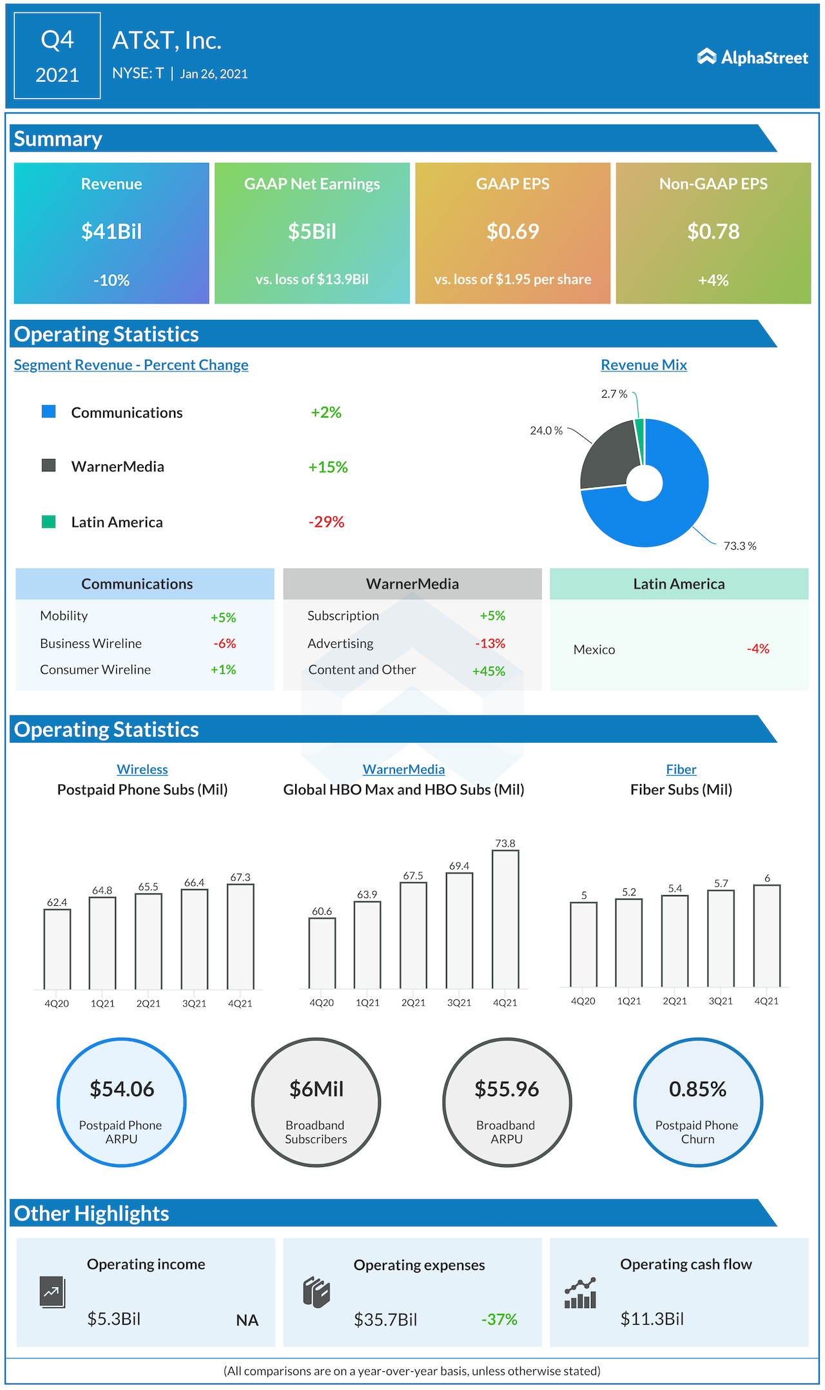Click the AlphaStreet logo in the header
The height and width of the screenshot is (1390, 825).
[752, 57]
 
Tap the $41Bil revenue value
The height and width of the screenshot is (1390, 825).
[112, 231]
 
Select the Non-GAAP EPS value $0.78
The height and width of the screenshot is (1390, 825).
[713, 231]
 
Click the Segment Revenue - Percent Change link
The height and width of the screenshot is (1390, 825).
[131, 365]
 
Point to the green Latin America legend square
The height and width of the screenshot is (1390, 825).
[48, 522]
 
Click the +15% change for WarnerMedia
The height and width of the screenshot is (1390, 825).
[327, 467]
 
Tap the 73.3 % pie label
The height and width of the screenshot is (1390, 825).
[739, 546]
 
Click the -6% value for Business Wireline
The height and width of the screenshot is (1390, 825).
[225, 643]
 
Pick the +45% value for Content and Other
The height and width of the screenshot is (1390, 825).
[489, 671]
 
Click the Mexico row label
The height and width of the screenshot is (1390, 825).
[594, 650]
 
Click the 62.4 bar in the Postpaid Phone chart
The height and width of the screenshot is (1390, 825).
[57, 948]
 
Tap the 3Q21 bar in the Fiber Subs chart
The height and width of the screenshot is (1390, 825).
[721, 938]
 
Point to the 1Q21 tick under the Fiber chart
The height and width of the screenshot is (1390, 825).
[629, 1001]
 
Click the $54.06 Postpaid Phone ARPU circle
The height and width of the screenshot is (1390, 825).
[122, 1102]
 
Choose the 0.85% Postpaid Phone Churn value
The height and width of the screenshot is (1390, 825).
[697, 1090]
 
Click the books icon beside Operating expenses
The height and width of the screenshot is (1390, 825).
[316, 1292]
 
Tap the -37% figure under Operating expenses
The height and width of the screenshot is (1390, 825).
[500, 1320]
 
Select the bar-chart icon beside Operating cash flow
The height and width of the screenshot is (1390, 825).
[580, 1293]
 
